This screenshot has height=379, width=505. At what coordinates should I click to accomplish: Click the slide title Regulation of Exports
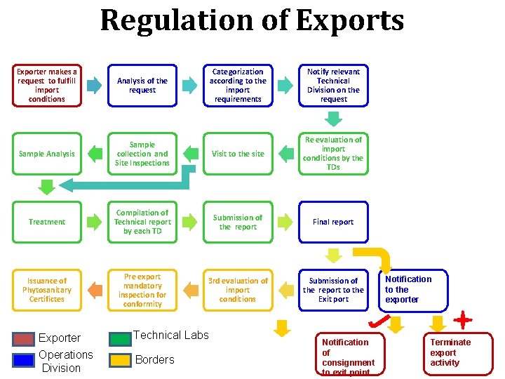click(x=252, y=21)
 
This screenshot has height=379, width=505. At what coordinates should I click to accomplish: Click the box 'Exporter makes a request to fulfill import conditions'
click(x=47, y=86)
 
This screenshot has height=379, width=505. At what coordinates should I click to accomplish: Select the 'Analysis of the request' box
click(x=142, y=86)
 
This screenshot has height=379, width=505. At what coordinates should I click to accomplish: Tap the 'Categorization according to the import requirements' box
click(x=238, y=86)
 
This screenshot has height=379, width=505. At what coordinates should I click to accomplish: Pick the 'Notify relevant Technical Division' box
click(x=333, y=86)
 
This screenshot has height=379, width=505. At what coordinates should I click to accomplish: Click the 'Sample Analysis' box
click(x=47, y=154)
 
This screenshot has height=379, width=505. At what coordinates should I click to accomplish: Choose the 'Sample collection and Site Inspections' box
click(x=142, y=154)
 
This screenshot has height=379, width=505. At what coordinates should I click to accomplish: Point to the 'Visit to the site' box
click(x=238, y=154)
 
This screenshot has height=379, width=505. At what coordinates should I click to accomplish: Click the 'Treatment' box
click(x=47, y=222)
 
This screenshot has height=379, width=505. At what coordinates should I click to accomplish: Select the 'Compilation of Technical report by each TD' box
click(x=142, y=222)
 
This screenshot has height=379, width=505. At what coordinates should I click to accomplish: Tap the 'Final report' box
click(x=333, y=222)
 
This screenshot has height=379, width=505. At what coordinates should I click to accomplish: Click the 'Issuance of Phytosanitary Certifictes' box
click(x=47, y=290)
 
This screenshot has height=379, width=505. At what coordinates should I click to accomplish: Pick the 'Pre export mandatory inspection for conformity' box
click(x=142, y=290)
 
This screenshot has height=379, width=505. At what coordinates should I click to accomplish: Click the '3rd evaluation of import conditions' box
click(x=238, y=290)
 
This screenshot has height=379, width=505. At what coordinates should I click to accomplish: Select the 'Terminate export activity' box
click(x=460, y=353)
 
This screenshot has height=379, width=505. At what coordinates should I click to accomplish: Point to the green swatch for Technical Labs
click(x=121, y=338)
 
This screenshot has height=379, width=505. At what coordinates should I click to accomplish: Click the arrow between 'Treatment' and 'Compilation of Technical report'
click(x=94, y=222)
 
